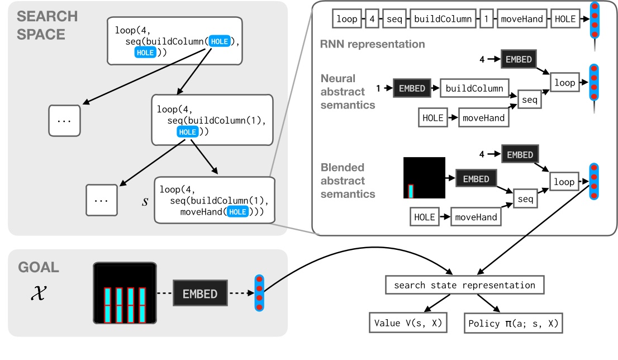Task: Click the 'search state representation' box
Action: pos(464,285)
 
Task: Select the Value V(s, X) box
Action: pos(408,323)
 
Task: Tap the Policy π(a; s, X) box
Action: pos(514,323)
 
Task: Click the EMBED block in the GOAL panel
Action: pos(200,293)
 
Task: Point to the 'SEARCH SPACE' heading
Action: pos(41,25)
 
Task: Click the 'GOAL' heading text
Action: pos(38,267)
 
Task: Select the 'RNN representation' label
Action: pos(373,44)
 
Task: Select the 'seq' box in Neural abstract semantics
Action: pos(529,100)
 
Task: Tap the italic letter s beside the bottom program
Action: pos(145,201)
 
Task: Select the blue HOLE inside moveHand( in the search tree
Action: pos(237,212)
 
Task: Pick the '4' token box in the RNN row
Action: pos(373,19)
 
